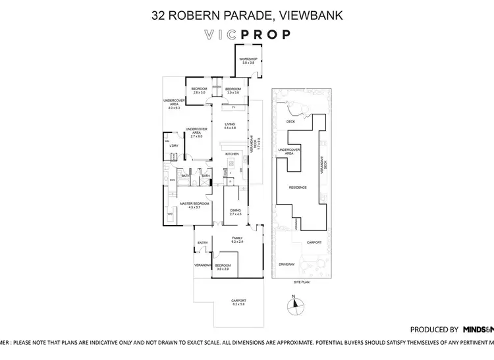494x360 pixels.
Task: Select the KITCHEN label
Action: pyautogui.click(x=231, y=153)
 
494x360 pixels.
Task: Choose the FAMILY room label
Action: pyautogui.click(x=237, y=240)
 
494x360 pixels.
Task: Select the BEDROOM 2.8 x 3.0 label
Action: pyautogui.click(x=199, y=91)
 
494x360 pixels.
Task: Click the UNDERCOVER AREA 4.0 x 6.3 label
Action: pyautogui.click(x=174, y=103)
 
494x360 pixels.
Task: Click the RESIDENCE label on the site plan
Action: pyautogui.click(x=298, y=188)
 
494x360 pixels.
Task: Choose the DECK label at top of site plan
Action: pyautogui.click(x=290, y=122)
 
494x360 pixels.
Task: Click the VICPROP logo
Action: pyautogui.click(x=246, y=35)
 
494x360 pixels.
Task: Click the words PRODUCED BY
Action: pyautogui.click(x=434, y=329)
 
